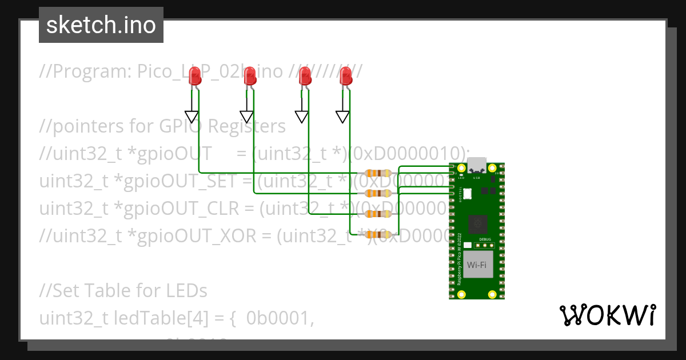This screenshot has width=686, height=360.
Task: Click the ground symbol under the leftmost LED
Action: [192, 117]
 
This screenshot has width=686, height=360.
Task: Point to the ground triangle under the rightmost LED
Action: [342, 117]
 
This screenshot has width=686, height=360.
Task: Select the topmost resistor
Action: [378, 173]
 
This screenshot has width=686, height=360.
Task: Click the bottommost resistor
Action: [378, 234]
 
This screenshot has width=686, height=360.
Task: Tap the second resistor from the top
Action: [378, 193]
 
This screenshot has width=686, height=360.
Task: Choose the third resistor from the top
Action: [378, 214]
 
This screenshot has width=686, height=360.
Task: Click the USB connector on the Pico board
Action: [477, 166]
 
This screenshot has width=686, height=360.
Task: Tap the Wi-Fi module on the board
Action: [477, 265]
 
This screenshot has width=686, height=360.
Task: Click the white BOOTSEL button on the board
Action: [467, 193]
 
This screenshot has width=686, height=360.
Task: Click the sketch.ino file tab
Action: [101, 25]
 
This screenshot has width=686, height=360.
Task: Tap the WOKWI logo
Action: [607, 315]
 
